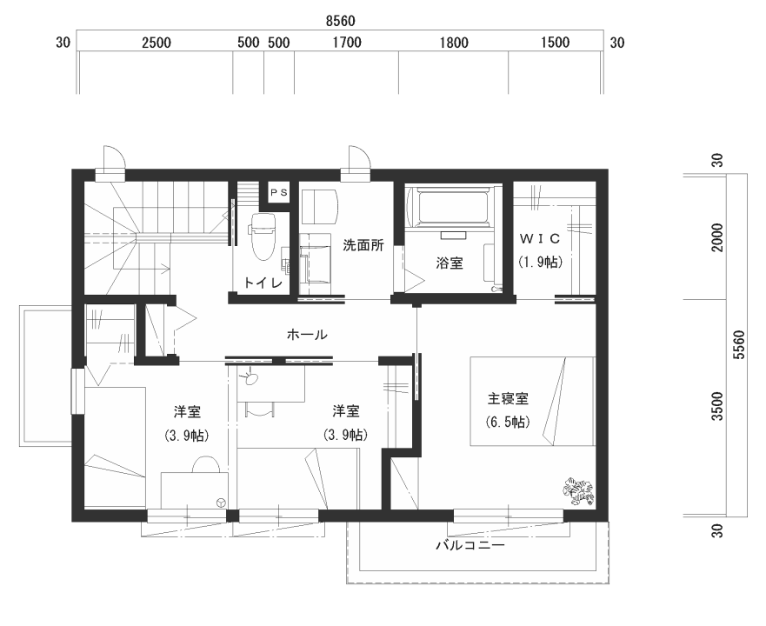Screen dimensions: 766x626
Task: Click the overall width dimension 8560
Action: coord(341,22)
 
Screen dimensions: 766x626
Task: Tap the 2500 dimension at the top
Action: coord(157,43)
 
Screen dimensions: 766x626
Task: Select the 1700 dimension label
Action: coord(347,43)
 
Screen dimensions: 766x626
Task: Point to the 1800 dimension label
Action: coord(454,43)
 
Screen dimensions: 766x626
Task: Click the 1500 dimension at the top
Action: coord(555,43)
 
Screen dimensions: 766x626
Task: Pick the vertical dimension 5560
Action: coord(740,345)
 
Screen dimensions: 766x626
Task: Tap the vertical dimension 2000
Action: coord(717,237)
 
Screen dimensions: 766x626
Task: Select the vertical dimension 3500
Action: coord(717,406)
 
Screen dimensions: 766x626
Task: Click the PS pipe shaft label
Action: coord(279,192)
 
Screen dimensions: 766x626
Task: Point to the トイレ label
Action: coord(263,283)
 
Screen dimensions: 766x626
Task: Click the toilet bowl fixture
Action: coord(263,237)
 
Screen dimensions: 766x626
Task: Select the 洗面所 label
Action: coord(363,245)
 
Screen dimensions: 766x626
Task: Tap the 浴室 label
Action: coord(450,263)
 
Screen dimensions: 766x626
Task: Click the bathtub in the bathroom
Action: coord(449,208)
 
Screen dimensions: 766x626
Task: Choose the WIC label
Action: coord(539,238)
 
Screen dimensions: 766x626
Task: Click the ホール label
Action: coord(307,335)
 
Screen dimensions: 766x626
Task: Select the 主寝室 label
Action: coord(508,399)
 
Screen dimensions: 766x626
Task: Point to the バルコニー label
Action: coord(470,545)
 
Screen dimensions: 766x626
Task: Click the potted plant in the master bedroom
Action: coord(578,490)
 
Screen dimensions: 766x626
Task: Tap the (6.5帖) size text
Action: coord(508,422)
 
